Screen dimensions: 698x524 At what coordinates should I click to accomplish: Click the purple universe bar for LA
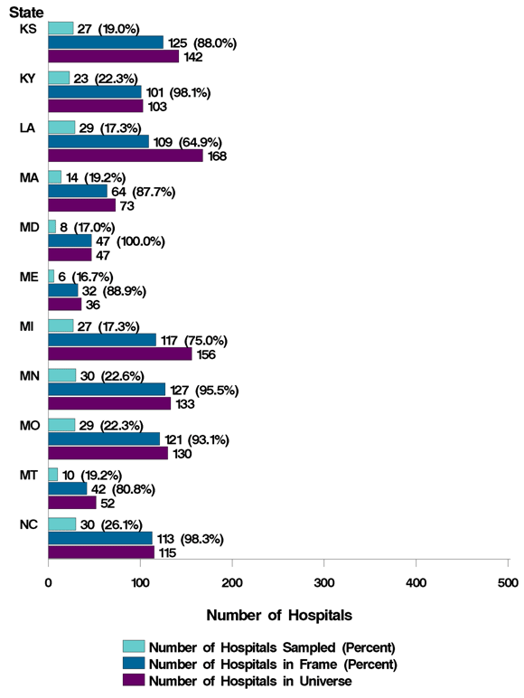99,156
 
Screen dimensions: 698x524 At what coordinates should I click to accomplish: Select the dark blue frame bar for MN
106,389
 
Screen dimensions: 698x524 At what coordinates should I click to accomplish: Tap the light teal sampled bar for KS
61,28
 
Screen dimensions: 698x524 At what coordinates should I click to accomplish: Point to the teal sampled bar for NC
61,523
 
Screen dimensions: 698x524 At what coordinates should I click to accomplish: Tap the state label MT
27,474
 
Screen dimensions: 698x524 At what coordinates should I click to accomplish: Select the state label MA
27,177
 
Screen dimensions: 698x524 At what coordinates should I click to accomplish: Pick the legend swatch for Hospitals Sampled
134,646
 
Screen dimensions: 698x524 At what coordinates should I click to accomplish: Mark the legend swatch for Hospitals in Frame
134,664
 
